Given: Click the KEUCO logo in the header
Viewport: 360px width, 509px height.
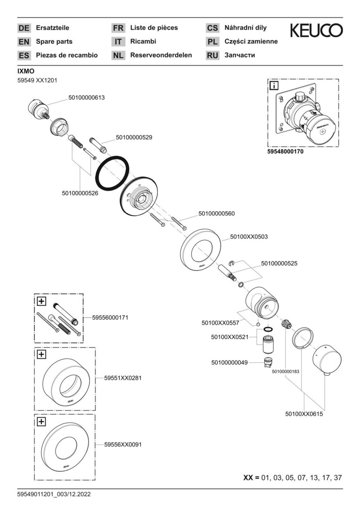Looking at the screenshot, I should coord(316,31).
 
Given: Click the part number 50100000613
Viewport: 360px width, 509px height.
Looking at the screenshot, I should coord(86,98).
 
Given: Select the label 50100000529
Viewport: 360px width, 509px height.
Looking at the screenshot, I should coord(134,138).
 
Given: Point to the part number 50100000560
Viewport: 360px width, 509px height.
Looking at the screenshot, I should coord(216,213).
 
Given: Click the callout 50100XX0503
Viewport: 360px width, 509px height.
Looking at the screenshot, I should coord(249,237).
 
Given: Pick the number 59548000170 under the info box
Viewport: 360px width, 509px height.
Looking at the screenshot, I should coord(292,152).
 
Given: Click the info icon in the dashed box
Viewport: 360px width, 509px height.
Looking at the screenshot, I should coord(274,85).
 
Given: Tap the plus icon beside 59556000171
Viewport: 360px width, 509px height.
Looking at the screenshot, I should coord(41,301).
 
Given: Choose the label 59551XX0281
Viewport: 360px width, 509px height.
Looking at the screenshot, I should coord(123,378).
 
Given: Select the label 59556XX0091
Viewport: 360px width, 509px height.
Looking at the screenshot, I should coord(123,444).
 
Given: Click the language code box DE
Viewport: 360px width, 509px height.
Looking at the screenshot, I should coord(24,28).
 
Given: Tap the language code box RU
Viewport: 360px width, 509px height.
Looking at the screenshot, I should coord(213,56).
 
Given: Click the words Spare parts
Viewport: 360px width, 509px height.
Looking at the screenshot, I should coord(54,41).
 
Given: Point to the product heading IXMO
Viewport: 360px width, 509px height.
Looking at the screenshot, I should coord(26,71).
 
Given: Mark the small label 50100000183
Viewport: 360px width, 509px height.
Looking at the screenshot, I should coord(286,371).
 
